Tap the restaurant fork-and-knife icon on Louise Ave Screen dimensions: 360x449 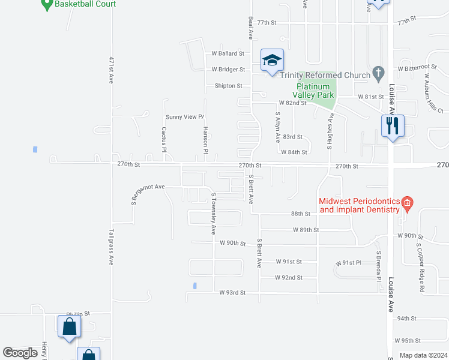coord(393,126)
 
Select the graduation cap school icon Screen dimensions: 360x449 coord(272,60)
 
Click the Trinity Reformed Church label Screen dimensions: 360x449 coord(324,75)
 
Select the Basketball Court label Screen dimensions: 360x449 coord(85,4)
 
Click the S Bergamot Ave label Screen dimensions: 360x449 coord(145,191)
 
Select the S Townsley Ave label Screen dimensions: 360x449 coord(213,214)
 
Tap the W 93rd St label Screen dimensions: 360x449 coord(233,293)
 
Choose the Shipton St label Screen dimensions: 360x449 coord(228,86)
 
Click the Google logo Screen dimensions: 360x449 coord(20,353)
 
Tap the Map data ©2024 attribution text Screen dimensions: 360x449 coord(423,355)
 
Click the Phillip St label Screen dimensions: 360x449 coord(77,313)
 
